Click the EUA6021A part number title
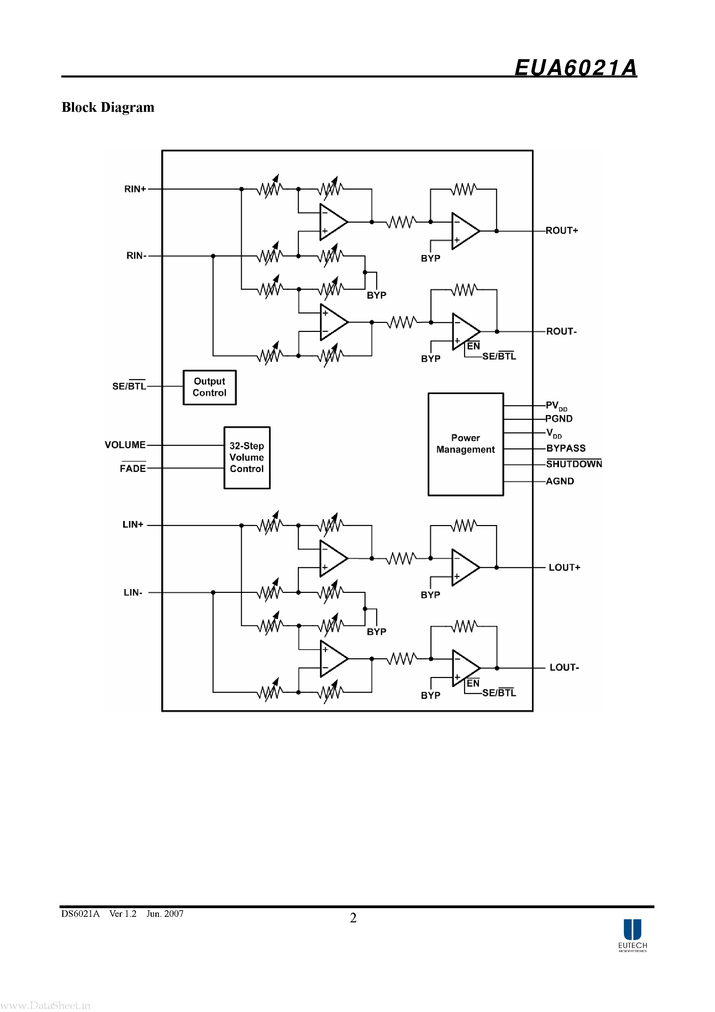click(575, 68)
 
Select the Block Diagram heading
click(108, 107)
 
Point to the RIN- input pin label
click(136, 256)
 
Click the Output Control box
click(209, 387)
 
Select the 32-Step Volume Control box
click(247, 458)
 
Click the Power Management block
click(465, 444)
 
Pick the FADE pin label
click(133, 469)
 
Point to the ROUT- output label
click(561, 332)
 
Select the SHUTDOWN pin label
click(574, 464)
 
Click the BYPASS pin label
click(565, 448)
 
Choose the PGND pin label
click(559, 419)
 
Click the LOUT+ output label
click(564, 568)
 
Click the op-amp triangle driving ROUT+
click(464, 231)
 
